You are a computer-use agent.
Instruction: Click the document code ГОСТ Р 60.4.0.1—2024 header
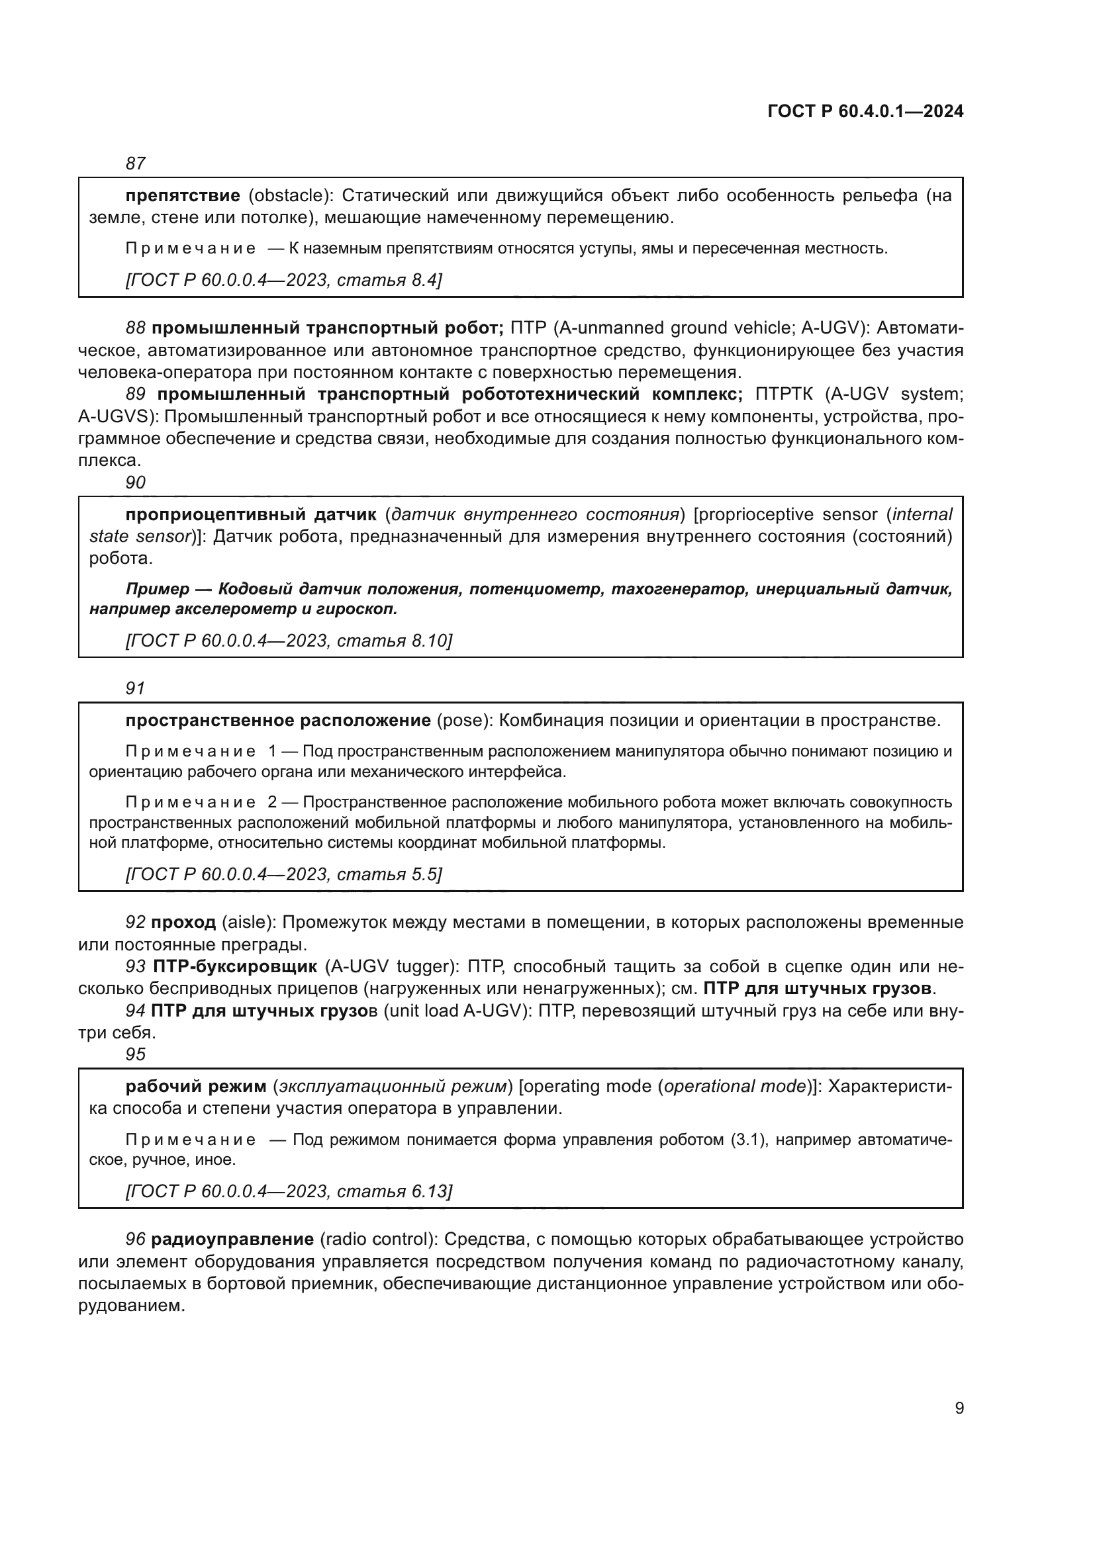pos(865,112)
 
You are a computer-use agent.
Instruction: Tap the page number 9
pos(959,1408)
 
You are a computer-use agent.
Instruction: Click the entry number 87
pos(136,163)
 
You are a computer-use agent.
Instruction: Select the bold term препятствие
pos(183,195)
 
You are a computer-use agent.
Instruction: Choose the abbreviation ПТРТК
pos(783,394)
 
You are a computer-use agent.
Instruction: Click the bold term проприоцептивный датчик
pos(251,514)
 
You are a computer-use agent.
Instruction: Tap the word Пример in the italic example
pos(157,588)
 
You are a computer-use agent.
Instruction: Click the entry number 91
pos(136,688)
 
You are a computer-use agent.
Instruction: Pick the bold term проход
pos(183,922)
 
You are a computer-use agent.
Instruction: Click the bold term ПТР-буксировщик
pos(234,966)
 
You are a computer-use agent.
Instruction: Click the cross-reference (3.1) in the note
pos(745,1140)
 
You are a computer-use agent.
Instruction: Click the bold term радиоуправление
pos(232,1239)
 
